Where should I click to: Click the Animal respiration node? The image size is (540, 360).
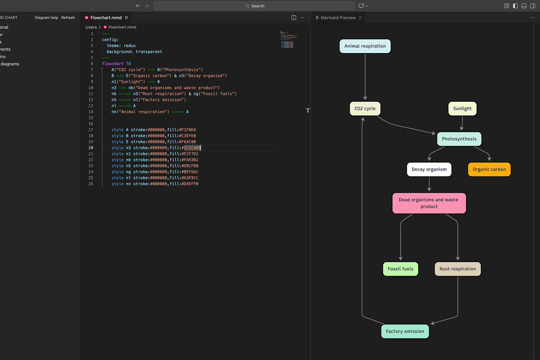pyautogui.click(x=365, y=46)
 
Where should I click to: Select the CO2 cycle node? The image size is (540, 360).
pyautogui.click(x=365, y=108)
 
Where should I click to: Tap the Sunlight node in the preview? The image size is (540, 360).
pyautogui.click(x=462, y=108)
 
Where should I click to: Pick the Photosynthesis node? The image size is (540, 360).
pyautogui.click(x=459, y=139)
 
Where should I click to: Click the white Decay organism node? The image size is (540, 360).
pyautogui.click(x=429, y=169)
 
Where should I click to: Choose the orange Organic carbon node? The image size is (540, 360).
pyautogui.click(x=489, y=169)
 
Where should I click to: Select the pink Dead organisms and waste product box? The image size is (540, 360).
pyautogui.click(x=429, y=203)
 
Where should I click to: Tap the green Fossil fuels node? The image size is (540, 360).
pyautogui.click(x=400, y=269)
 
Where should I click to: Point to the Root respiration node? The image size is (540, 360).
pyautogui.click(x=458, y=269)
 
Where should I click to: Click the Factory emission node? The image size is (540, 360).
pyautogui.click(x=405, y=331)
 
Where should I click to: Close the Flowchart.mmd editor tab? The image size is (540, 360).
pyautogui.click(x=127, y=18)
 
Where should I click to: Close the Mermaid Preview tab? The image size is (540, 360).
pyautogui.click(x=360, y=18)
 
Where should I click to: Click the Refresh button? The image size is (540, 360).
pyautogui.click(x=68, y=18)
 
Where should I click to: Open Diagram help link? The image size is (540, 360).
pyautogui.click(x=46, y=18)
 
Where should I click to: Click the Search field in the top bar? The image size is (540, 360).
pyautogui.click(x=254, y=6)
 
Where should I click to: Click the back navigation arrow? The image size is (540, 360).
pyautogui.click(x=138, y=6)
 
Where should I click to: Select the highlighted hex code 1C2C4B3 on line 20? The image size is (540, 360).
pyautogui.click(x=192, y=148)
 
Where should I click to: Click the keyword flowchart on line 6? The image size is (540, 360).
pyautogui.click(x=113, y=64)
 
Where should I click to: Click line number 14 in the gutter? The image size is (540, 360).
pyautogui.click(x=91, y=112)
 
